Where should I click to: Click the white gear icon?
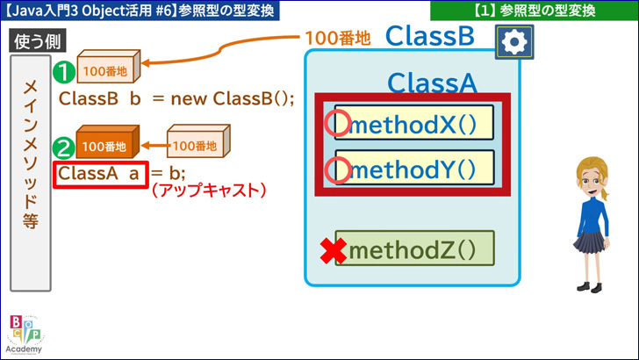[x=514, y=41]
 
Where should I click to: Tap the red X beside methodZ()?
[x=334, y=251]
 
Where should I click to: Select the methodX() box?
[x=414, y=123]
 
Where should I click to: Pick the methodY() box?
[x=414, y=167]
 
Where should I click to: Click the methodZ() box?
[x=415, y=248]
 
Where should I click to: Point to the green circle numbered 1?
[x=63, y=72]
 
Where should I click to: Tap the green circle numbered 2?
[x=63, y=148]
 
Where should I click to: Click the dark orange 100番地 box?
[x=108, y=141]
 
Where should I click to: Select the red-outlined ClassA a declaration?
[x=101, y=175]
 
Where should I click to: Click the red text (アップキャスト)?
[x=209, y=191]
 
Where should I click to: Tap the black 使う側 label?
[x=38, y=41]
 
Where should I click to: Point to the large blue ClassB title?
[x=430, y=36]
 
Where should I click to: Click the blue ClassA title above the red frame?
[x=432, y=83]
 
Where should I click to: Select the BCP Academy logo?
[x=25, y=335]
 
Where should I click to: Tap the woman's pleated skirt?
[x=591, y=242]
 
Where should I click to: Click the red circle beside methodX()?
[x=337, y=123]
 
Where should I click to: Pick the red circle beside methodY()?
[x=337, y=170]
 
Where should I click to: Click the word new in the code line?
[x=189, y=99]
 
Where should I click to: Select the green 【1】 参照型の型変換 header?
[x=535, y=11]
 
